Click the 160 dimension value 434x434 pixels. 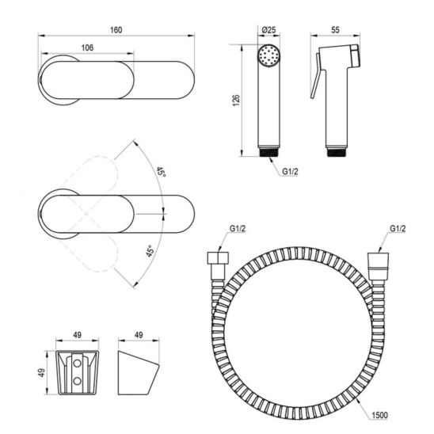pos(116,30)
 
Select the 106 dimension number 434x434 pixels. pos(87,48)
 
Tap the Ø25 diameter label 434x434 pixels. pos(268,30)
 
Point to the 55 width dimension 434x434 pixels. pos(335,30)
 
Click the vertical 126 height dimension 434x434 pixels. pos(236,101)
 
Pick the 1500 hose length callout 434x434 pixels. pos(379,415)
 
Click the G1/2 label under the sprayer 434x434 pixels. pos(290,172)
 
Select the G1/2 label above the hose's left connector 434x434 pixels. pos(238,229)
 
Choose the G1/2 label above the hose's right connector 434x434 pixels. pos(398,229)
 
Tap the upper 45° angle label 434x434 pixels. pos(161,173)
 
